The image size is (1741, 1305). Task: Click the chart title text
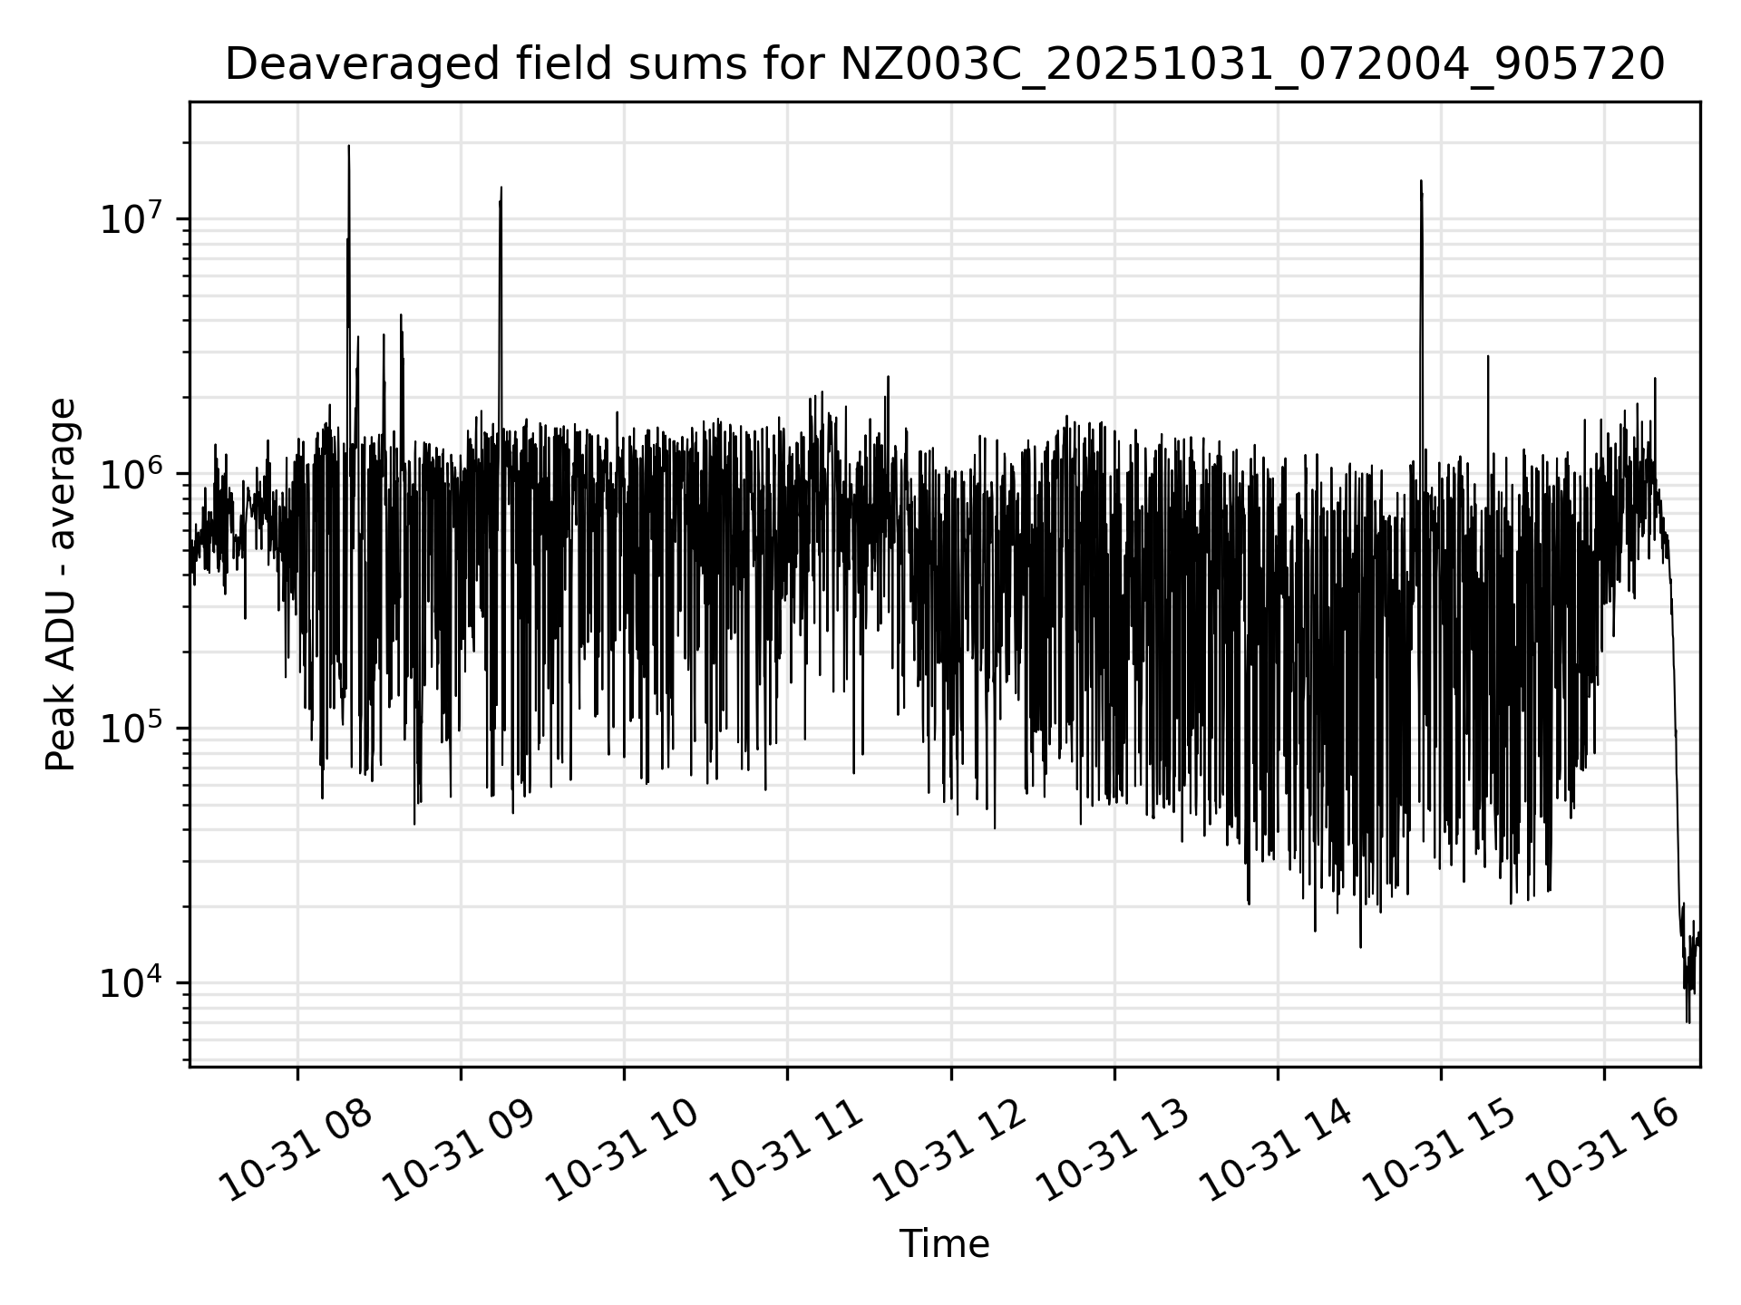coord(944,64)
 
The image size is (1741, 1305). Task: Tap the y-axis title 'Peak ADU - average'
coord(62,585)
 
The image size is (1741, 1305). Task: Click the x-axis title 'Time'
coord(944,1244)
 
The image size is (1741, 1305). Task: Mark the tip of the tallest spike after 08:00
coord(349,146)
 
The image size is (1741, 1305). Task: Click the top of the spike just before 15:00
coord(1421,181)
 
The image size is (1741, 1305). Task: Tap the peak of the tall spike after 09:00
coord(501,188)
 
